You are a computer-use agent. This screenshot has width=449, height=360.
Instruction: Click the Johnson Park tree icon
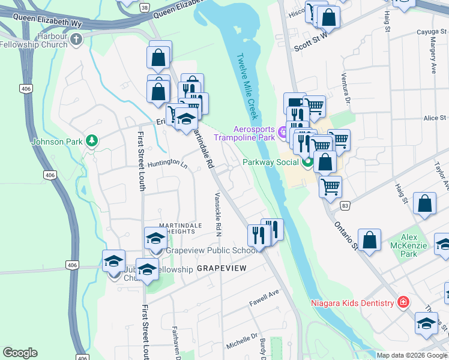(x=91, y=141)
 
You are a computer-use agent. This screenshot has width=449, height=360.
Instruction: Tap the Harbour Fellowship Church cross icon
(x=76, y=40)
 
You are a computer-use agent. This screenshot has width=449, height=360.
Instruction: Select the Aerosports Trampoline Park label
(x=254, y=134)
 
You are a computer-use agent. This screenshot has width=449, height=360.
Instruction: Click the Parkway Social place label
(x=271, y=162)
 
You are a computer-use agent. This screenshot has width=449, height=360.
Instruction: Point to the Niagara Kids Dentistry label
(x=352, y=302)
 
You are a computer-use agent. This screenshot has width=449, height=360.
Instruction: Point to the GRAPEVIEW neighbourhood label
(x=221, y=269)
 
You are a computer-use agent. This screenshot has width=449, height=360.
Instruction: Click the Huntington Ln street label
(x=167, y=163)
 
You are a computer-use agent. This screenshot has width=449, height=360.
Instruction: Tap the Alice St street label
(x=435, y=118)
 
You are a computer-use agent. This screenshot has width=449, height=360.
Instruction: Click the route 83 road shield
(x=344, y=206)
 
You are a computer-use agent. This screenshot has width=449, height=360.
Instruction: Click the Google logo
(x=20, y=353)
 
